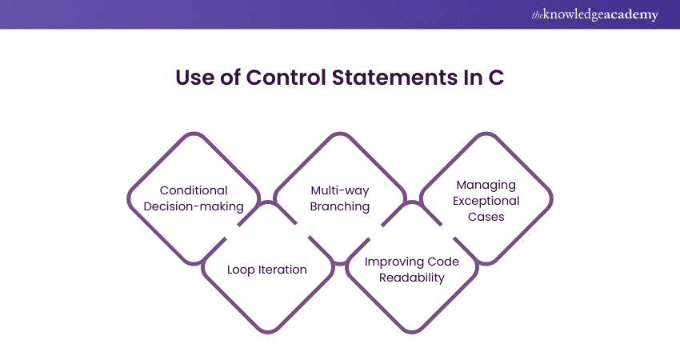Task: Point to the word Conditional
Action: click(194, 190)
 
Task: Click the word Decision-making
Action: click(194, 206)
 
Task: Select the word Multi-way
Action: click(340, 190)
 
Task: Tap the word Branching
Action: click(340, 206)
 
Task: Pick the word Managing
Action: click(486, 185)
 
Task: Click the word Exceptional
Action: click(486, 201)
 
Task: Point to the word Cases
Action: click(486, 217)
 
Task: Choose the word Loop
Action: click(242, 270)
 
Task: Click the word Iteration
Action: click(282, 270)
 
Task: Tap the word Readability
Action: click(413, 278)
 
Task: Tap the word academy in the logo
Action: click(631, 14)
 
